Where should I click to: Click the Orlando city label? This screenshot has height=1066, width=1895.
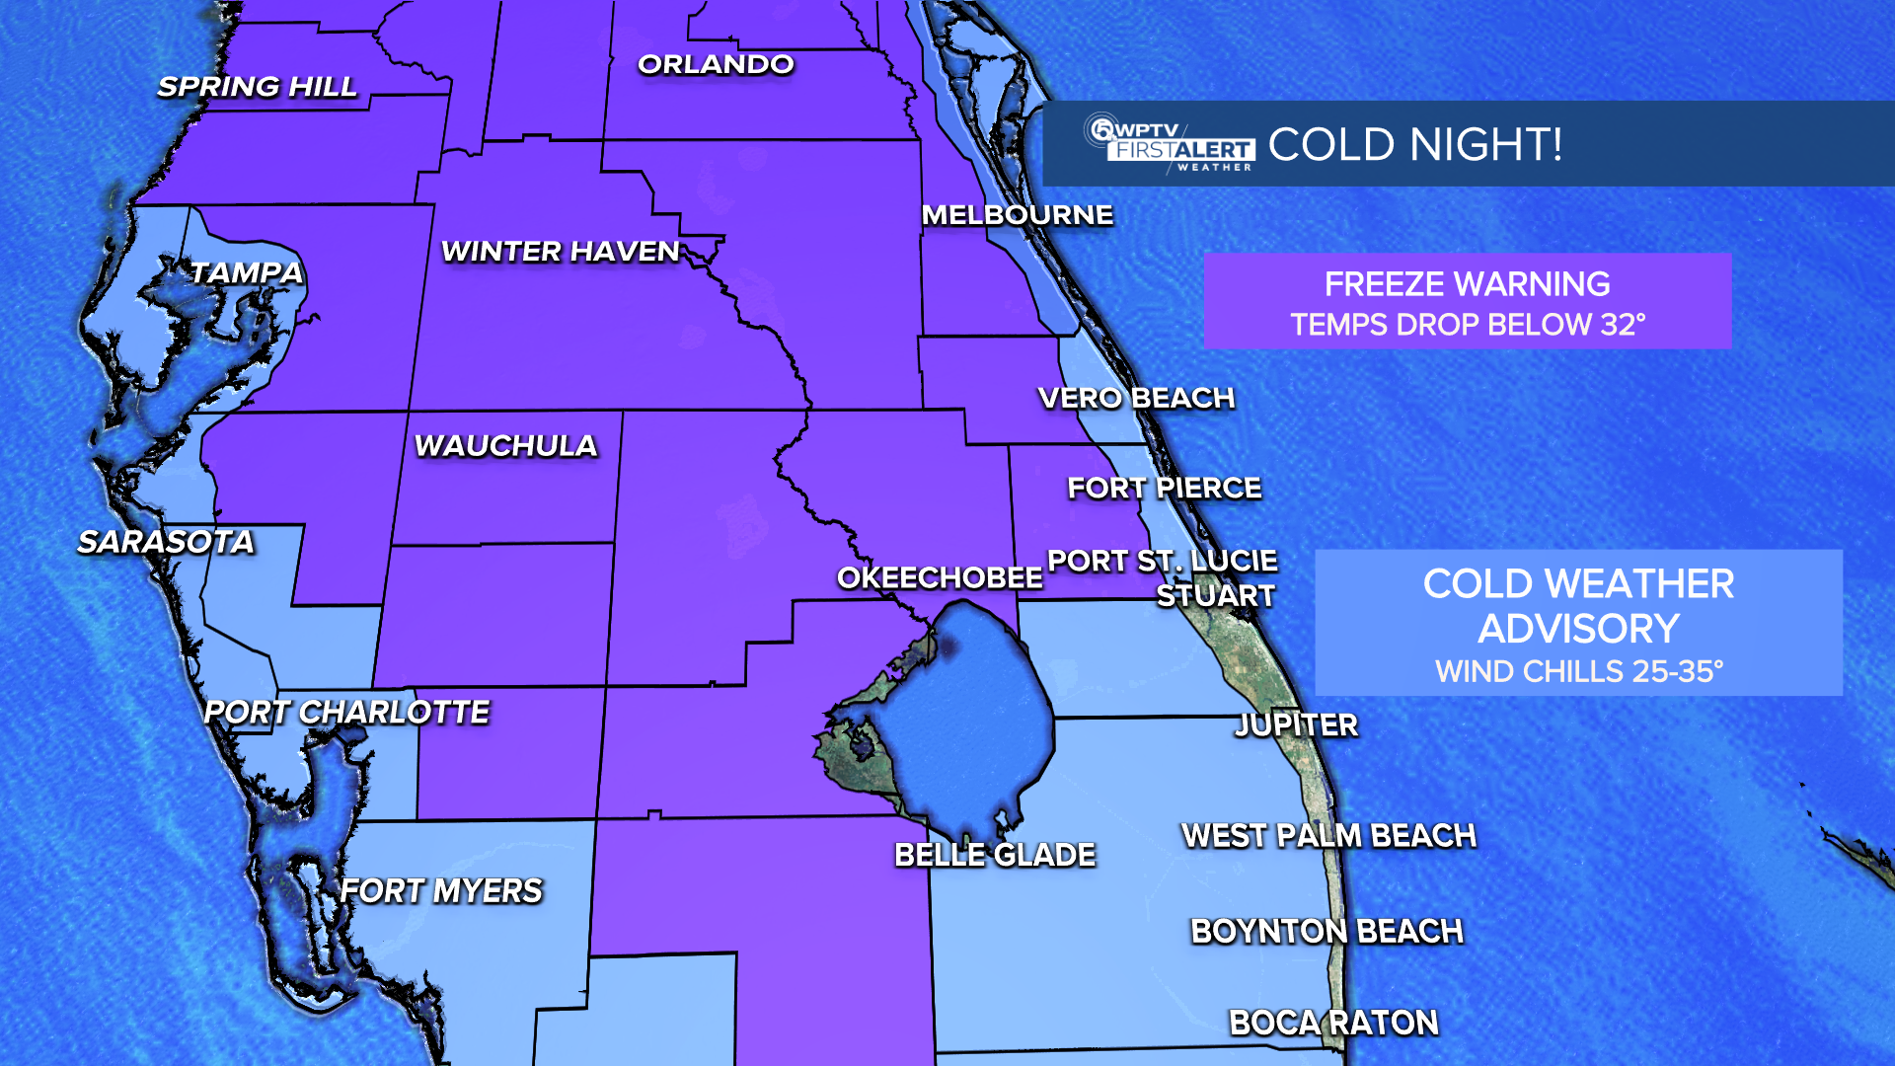tap(716, 65)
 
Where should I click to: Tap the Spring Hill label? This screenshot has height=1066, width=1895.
tap(258, 87)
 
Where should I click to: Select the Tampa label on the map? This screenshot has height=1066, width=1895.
tap(246, 272)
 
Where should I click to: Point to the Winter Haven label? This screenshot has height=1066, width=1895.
tap(561, 252)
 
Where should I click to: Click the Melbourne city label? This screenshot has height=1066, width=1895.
tap(1017, 215)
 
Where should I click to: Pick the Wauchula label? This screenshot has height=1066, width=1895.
tap(505, 446)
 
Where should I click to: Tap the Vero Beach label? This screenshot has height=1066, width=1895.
tap(1136, 398)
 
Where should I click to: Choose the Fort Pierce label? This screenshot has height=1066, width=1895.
tap(1165, 488)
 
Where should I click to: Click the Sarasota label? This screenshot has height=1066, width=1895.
tap(166, 542)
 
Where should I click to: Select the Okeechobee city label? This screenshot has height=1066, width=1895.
tap(940, 577)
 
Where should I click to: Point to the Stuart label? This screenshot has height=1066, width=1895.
tap(1216, 596)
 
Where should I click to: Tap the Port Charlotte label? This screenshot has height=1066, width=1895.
tap(346, 712)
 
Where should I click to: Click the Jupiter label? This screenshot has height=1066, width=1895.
tap(1297, 725)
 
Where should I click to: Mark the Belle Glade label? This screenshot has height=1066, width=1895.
tap(995, 855)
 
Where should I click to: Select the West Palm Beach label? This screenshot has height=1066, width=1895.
tap(1328, 836)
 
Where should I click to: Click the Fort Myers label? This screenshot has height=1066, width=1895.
tap(441, 891)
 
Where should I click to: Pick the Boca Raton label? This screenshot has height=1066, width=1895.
tap(1333, 1024)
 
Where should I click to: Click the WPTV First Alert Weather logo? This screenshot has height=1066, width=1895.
tap(1170, 144)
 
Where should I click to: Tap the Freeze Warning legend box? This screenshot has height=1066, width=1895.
tap(1467, 301)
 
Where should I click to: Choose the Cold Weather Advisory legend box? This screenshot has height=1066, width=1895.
tap(1578, 623)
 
